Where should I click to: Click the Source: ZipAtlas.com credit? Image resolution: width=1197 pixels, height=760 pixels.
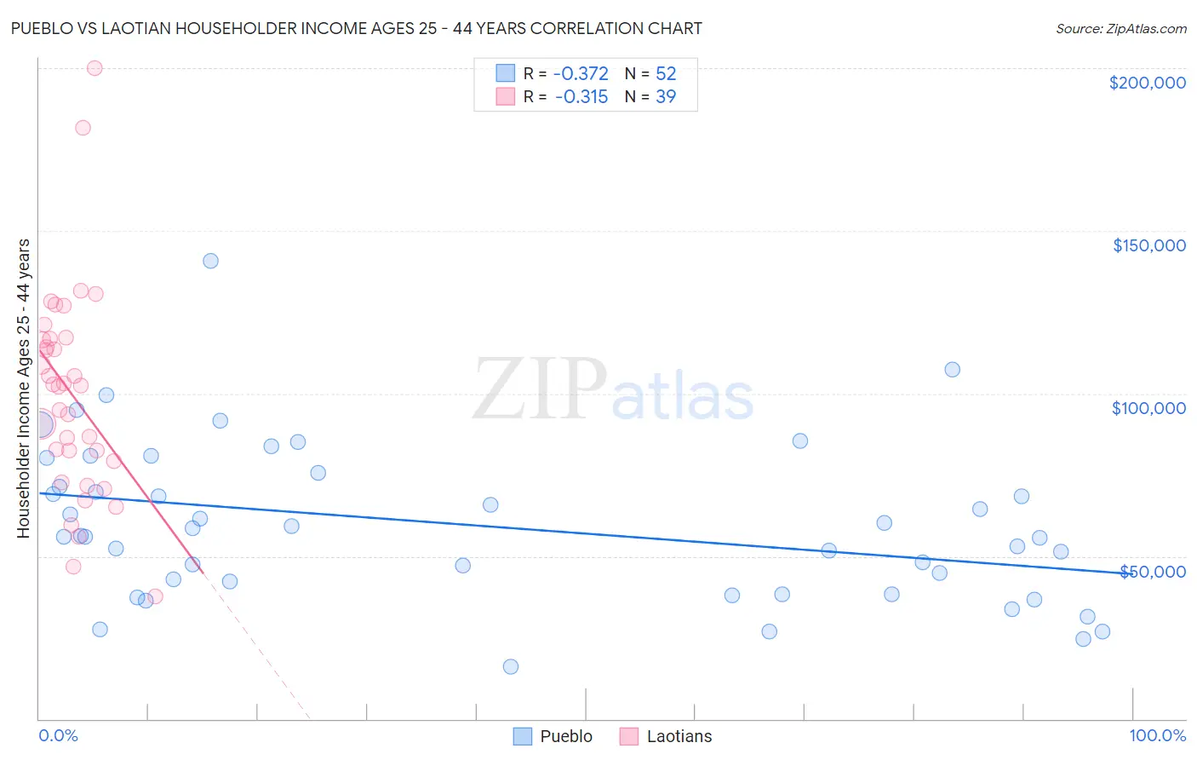tap(1120, 29)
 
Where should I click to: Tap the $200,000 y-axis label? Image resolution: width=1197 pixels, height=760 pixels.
tap(1147, 83)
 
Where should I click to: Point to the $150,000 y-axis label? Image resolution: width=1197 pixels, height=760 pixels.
tap(1148, 245)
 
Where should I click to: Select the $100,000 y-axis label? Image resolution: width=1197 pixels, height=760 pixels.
tap(1148, 408)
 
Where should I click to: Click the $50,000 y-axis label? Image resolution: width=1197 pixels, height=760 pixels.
tap(1152, 571)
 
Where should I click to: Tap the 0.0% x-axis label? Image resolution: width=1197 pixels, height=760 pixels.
tap(58, 735)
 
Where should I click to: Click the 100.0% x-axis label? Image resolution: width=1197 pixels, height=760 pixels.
tap(1157, 735)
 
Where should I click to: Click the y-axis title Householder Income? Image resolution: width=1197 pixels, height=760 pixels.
tap(23, 389)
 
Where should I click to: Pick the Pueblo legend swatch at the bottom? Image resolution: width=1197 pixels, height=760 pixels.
tap(523, 736)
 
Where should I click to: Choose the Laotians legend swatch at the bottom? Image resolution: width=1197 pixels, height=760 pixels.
tap(629, 736)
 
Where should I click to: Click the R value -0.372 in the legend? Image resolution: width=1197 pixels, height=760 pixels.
tap(581, 74)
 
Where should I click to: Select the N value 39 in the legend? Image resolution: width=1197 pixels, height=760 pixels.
tap(666, 97)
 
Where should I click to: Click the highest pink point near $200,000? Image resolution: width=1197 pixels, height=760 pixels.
tap(94, 68)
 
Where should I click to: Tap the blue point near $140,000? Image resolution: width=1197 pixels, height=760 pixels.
tap(210, 261)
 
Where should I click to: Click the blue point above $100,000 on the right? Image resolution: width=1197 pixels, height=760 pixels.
tap(952, 370)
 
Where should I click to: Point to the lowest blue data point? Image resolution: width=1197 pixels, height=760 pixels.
tap(511, 666)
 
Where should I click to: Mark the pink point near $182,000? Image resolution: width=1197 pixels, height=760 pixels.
tap(83, 128)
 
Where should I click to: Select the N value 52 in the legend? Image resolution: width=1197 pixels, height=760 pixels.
tap(666, 74)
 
